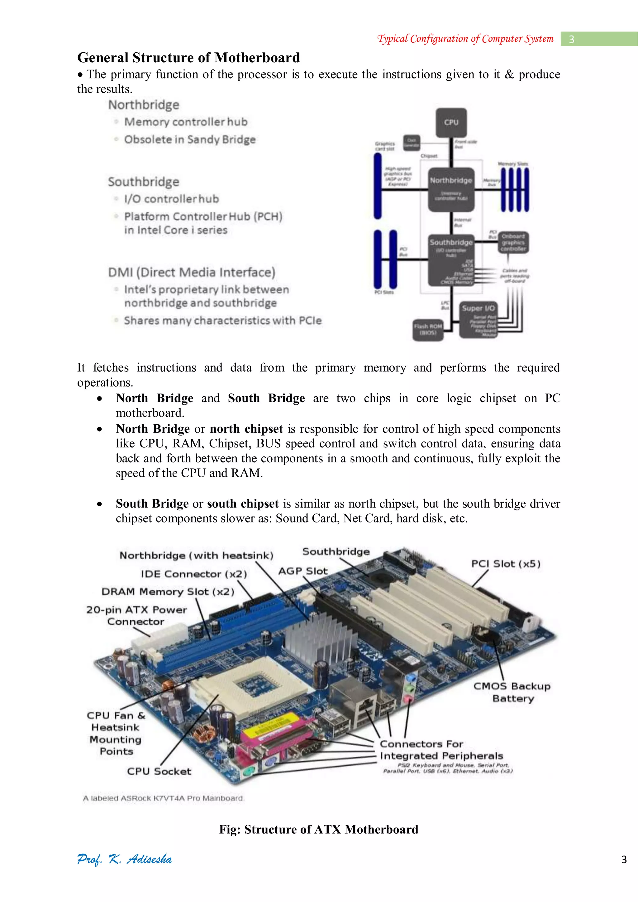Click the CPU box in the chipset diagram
click(x=451, y=122)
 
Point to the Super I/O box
click(x=478, y=319)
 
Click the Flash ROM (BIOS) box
click(x=427, y=329)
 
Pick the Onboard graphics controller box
click(x=513, y=242)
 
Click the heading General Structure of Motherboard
click(x=188, y=58)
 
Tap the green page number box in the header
click(x=599, y=39)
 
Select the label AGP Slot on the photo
click(x=302, y=571)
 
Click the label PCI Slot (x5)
click(x=506, y=564)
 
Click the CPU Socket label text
click(x=159, y=771)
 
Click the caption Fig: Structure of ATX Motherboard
click(x=319, y=829)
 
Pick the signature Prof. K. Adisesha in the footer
click(x=125, y=859)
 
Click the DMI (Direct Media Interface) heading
click(x=192, y=272)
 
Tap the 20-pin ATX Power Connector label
click(x=136, y=615)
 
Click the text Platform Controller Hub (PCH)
click(x=203, y=217)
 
